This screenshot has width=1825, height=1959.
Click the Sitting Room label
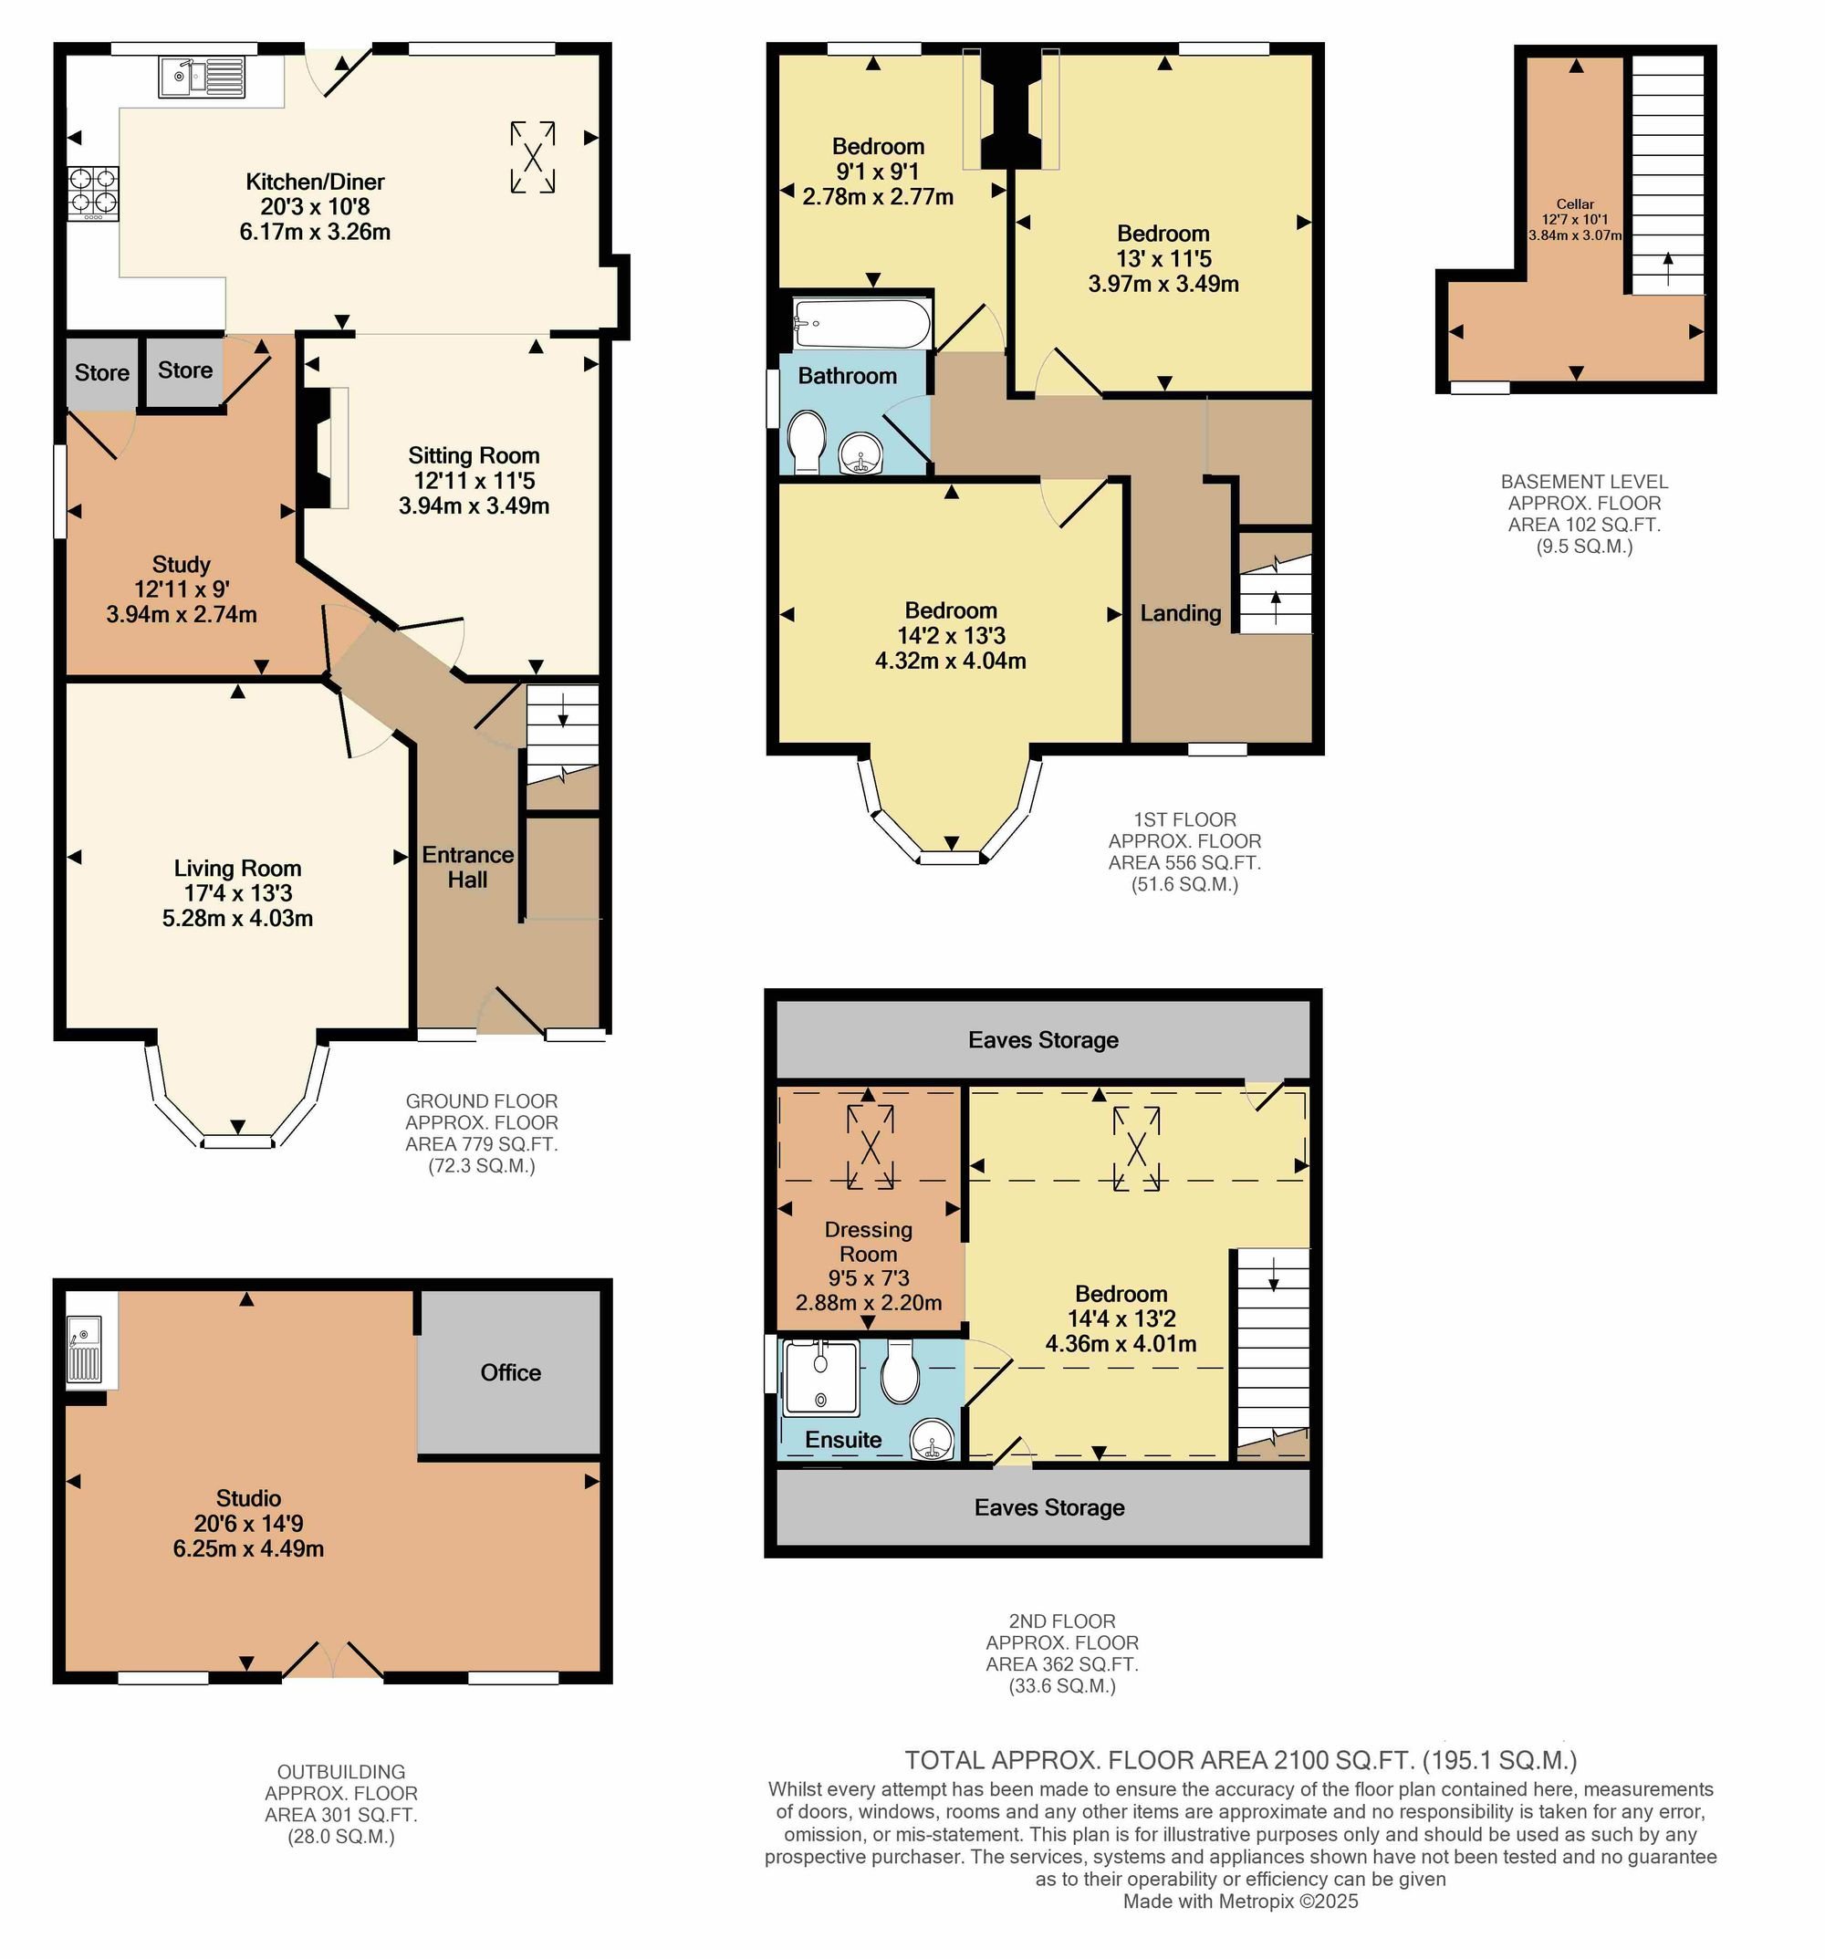[x=474, y=455]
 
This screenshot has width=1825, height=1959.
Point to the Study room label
[x=182, y=565]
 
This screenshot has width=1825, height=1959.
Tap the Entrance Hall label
[x=468, y=867]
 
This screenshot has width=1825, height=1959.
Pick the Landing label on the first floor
[x=1181, y=613]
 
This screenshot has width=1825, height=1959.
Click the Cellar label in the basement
[x=1576, y=204]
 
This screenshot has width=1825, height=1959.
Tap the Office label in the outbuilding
[x=510, y=1372]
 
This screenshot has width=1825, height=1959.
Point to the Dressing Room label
[x=868, y=1242]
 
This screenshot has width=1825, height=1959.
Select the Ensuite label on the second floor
[x=843, y=1440]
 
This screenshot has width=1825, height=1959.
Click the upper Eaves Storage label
[x=1044, y=1039]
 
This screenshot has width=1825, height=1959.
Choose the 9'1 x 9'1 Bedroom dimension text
[x=878, y=172]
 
